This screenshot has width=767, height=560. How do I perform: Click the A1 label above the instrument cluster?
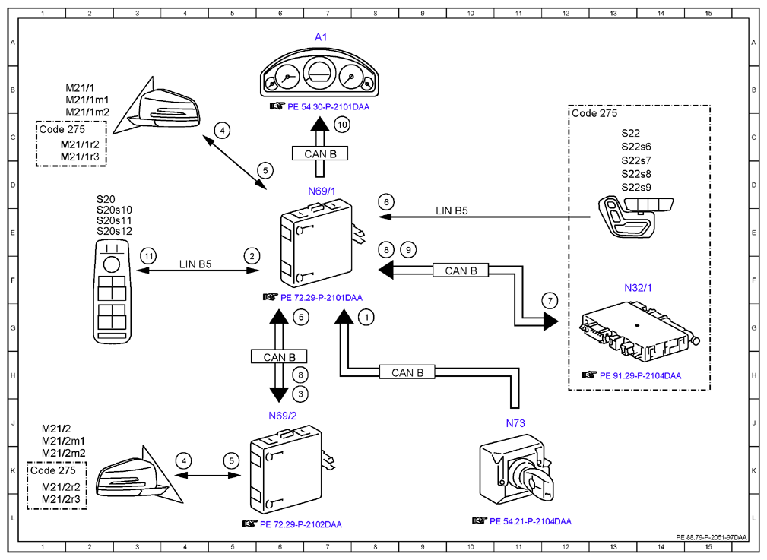click(320, 37)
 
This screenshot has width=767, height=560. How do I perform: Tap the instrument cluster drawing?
click(319, 74)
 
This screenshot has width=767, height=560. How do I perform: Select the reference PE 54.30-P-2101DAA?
click(328, 106)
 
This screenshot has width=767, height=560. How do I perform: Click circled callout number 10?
click(342, 125)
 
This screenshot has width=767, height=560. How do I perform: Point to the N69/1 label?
click(322, 191)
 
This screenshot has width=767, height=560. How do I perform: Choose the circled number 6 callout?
click(386, 202)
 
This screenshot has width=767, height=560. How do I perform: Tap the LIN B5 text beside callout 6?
click(452, 210)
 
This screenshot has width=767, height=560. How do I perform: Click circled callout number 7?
click(550, 301)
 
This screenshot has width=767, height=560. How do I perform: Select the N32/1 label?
click(638, 288)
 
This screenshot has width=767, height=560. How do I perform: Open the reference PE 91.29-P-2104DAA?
click(640, 375)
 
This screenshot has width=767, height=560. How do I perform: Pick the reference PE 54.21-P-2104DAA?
click(531, 521)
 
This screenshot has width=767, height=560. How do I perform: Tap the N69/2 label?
click(282, 416)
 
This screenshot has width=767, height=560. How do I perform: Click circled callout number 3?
click(300, 394)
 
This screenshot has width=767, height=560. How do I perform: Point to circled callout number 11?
click(148, 256)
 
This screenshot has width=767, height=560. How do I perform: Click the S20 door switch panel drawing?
click(113, 292)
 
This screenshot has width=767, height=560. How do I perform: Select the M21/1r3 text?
click(80, 157)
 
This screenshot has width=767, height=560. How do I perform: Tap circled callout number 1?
click(366, 318)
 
